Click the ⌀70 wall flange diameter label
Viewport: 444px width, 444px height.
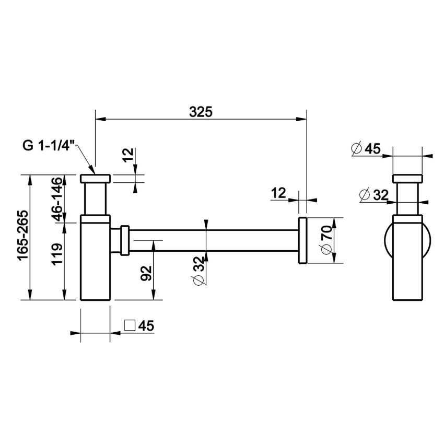point(326,241)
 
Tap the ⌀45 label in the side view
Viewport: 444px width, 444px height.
point(366,148)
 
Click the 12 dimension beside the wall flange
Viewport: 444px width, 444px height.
point(278,193)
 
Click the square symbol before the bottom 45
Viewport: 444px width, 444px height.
point(130,325)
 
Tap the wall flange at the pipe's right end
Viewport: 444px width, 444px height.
point(302,240)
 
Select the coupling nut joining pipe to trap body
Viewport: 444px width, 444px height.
point(124,240)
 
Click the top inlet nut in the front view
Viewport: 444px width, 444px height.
point(96,179)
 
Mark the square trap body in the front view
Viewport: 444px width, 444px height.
point(96,259)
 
